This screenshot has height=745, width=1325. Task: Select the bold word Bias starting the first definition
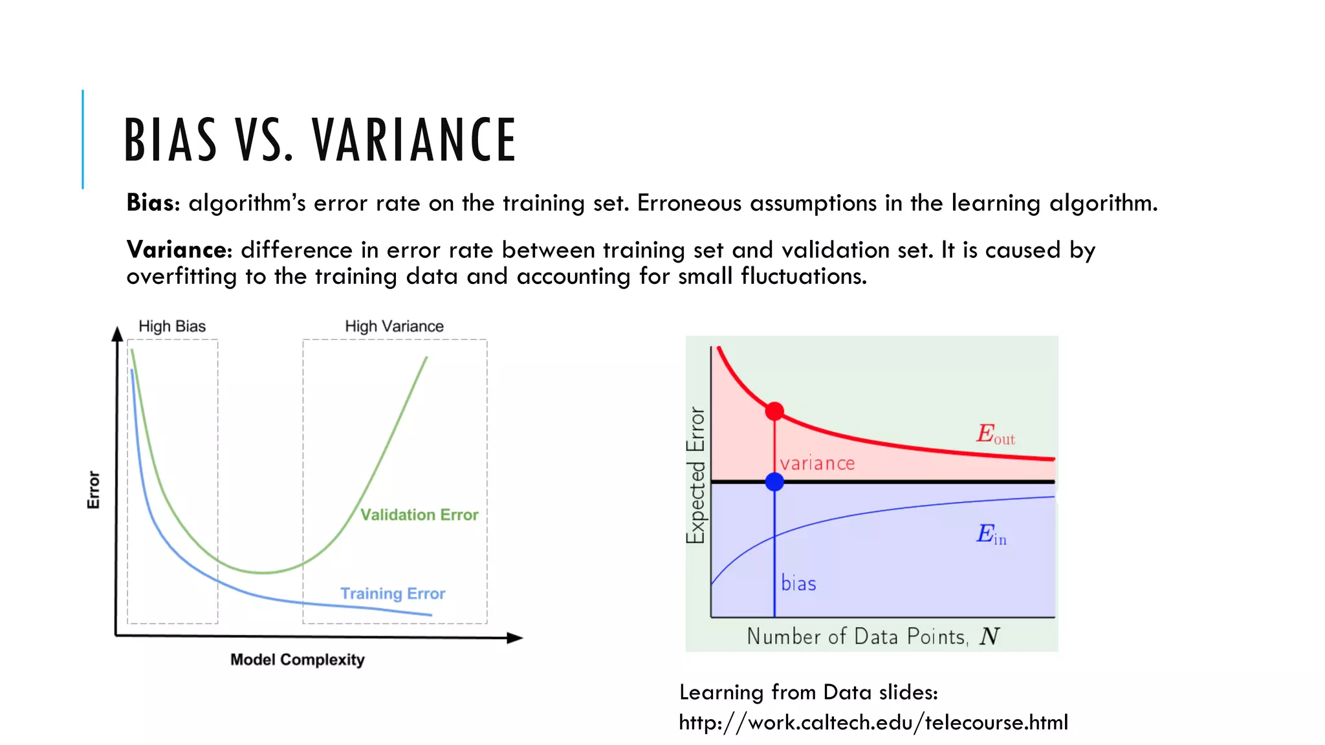pos(150,203)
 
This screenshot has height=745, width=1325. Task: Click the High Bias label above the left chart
pos(172,326)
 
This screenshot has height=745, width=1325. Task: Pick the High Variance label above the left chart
pos(394,326)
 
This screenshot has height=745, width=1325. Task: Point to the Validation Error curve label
pos(419,515)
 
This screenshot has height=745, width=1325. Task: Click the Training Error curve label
pos(393,594)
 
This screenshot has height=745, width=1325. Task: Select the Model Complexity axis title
pos(298,660)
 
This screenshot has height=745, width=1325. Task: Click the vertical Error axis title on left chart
pos(94,490)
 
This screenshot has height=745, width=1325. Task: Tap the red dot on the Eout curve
pos(774,411)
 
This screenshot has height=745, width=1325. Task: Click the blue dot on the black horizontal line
pos(774,482)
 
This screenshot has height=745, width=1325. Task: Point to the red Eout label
pos(994,434)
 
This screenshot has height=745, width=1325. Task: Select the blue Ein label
pos(991,534)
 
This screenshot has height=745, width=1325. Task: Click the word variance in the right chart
pos(817,463)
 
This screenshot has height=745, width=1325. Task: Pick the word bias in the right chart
pos(798,583)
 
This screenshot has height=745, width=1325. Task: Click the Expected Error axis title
pos(695,475)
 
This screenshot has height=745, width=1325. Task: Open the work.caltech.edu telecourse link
pos(873,722)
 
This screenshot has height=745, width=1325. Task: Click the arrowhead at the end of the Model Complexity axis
pos(515,638)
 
